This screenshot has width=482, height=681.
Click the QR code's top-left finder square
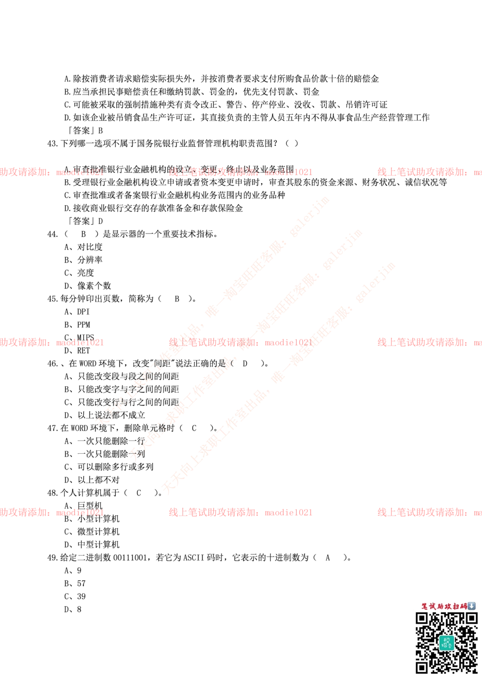(422, 618)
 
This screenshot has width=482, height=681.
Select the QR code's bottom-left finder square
(422, 667)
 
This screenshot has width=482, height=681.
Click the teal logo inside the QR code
(446, 643)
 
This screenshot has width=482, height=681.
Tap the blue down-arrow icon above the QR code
(472, 606)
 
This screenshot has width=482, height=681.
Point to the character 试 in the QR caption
(433, 606)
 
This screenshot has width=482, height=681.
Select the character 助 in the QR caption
(441, 606)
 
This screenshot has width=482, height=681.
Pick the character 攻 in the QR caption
(448, 606)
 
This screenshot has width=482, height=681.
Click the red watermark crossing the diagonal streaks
(240, 342)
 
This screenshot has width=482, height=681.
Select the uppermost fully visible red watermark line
(240, 171)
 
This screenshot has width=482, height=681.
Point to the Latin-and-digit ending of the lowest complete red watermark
(288, 512)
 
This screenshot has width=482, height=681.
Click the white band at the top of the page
(241, 40)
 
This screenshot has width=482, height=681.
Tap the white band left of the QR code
(202, 643)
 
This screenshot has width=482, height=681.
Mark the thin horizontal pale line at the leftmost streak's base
(118, 422)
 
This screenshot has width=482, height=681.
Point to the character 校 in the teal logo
(446, 640)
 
